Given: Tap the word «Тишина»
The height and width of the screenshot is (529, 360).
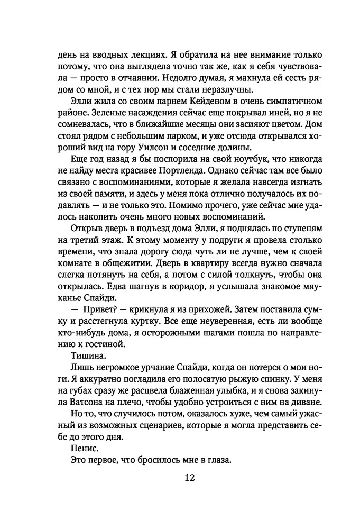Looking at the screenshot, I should click(86, 357).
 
